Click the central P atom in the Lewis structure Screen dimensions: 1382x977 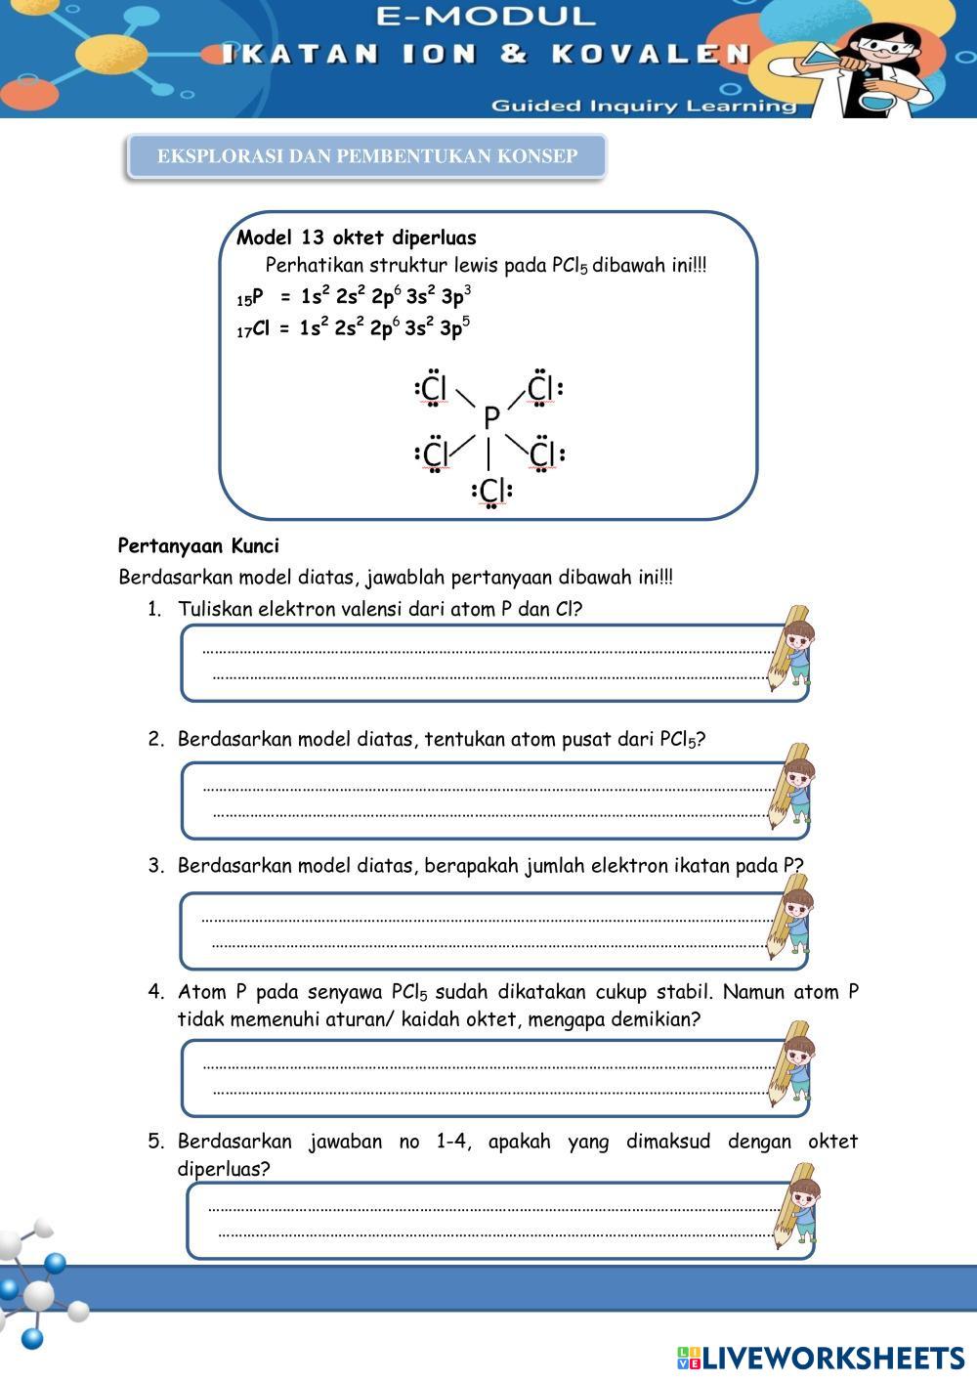pyautogui.click(x=490, y=418)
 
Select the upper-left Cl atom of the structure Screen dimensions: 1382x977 pyautogui.click(x=434, y=390)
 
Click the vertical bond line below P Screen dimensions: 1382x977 pyautogui.click(x=488, y=454)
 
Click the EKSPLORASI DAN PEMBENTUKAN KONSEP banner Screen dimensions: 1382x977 pyautogui.click(x=367, y=156)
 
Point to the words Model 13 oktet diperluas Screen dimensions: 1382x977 pyautogui.click(x=357, y=238)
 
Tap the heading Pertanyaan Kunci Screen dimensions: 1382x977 pyautogui.click(x=198, y=545)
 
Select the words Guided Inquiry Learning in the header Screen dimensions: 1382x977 pyautogui.click(x=644, y=106)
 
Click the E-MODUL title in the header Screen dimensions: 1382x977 pyautogui.click(x=485, y=17)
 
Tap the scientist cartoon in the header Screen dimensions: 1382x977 pyautogui.click(x=884, y=64)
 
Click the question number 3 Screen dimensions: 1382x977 pyautogui.click(x=155, y=866)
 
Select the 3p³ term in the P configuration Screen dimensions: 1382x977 pyautogui.click(x=456, y=296)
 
